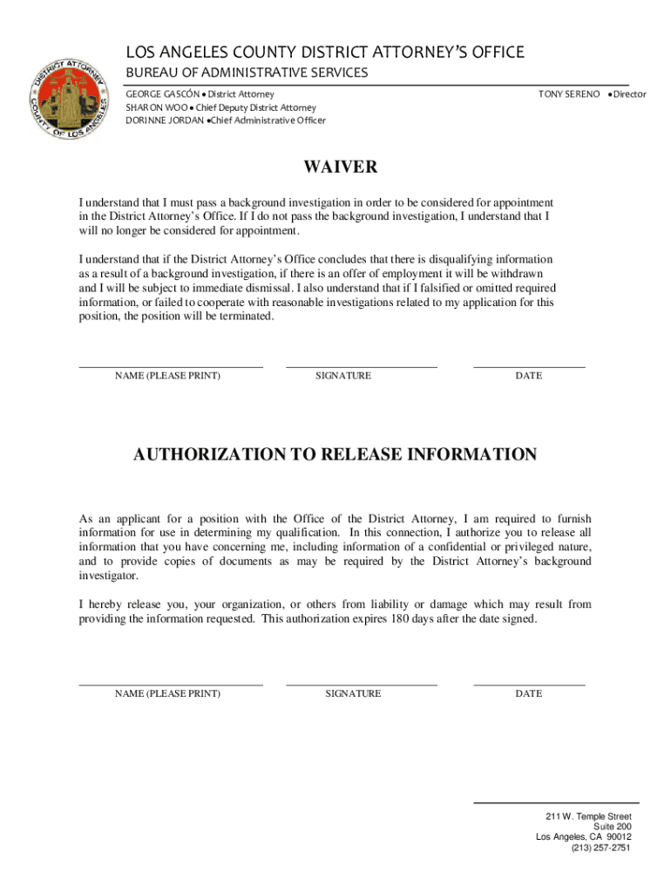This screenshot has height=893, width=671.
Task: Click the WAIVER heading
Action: [340, 167]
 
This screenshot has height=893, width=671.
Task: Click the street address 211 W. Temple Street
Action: [588, 816]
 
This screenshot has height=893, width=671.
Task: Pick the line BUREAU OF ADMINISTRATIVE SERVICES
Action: [247, 72]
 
